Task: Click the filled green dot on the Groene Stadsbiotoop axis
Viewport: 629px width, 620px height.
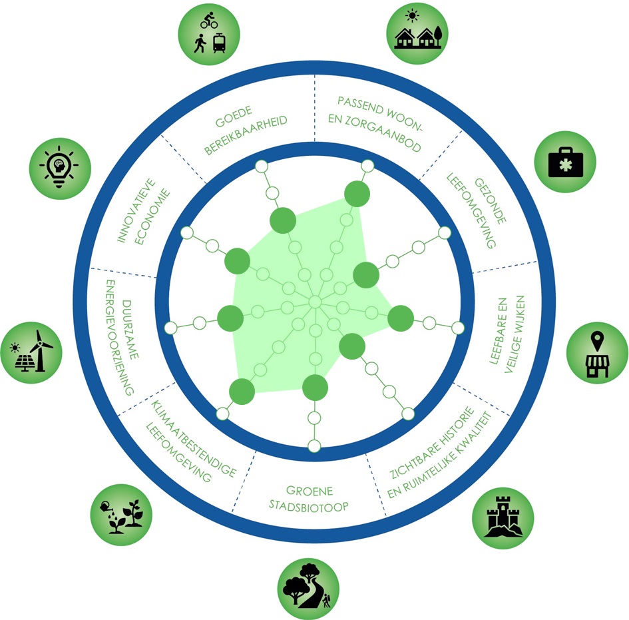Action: (x=315, y=387)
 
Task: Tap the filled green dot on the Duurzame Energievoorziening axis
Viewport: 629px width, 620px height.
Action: (x=230, y=318)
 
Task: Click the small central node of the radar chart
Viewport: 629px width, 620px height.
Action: (x=315, y=302)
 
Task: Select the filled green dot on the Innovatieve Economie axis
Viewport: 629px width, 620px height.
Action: (x=238, y=261)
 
